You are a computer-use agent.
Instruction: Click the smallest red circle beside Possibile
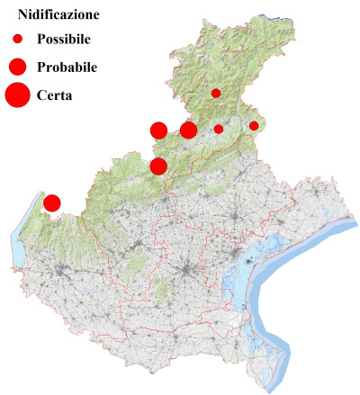pos(17,40)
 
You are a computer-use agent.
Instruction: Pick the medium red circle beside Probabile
pos(17,67)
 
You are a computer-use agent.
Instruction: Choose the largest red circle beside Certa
pos(17,94)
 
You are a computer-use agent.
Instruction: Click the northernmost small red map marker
pos(216,93)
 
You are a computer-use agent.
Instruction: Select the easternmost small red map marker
pos(254,126)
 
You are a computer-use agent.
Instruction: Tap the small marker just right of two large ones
pos(219,130)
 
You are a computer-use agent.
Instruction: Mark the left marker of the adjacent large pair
pos(158,130)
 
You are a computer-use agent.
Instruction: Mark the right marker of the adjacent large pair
pos(188,130)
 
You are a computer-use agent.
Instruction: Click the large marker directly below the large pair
pos(158,166)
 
